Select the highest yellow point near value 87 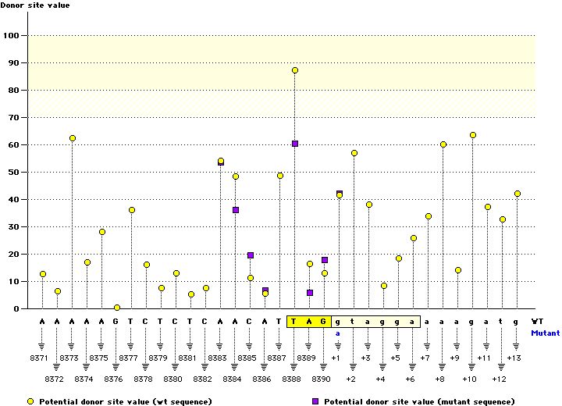[295, 70]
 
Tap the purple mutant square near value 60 [295, 144]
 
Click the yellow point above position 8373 [73, 138]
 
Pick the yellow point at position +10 [473, 135]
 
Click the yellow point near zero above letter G [117, 308]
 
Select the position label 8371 [42, 357]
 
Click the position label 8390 [324, 378]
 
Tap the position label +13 [514, 357]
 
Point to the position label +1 [336, 357]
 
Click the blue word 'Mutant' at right [546, 332]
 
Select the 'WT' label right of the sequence [537, 321]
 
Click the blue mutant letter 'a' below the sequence [339, 332]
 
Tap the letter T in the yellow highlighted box [294, 321]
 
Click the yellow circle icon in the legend [30, 401]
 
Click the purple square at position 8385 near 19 [251, 255]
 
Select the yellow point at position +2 [354, 153]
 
